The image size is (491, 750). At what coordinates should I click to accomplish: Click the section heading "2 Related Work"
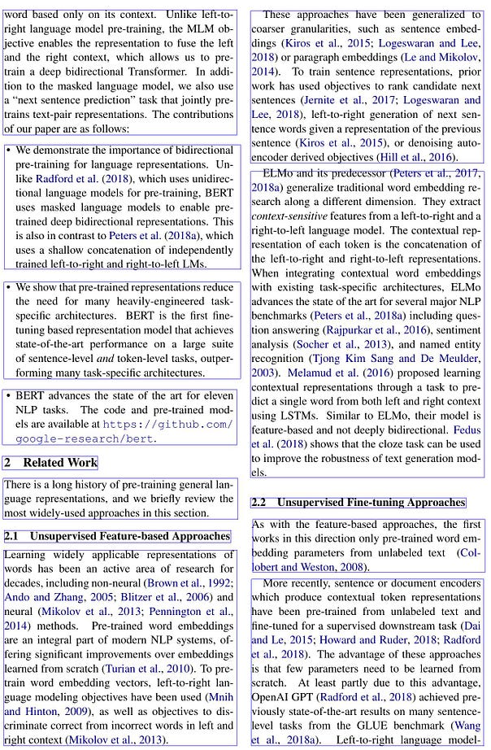[50, 463]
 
